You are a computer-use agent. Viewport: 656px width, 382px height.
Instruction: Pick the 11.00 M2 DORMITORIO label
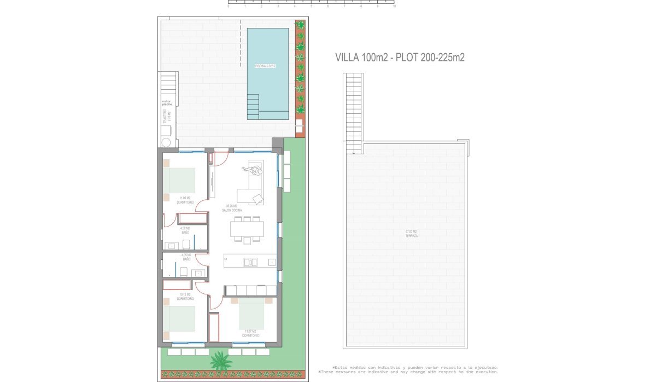click(185, 200)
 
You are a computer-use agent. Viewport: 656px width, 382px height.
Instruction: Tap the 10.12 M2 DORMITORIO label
click(185, 297)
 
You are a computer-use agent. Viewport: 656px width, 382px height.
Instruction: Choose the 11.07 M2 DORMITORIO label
click(251, 333)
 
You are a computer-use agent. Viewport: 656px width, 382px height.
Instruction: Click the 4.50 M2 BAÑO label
click(185, 230)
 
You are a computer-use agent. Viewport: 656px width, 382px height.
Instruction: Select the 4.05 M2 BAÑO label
click(186, 257)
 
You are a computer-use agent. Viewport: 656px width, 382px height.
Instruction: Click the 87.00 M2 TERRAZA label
click(412, 233)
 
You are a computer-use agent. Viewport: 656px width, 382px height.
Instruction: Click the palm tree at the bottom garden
click(220, 361)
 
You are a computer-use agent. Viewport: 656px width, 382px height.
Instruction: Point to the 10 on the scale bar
click(394, 7)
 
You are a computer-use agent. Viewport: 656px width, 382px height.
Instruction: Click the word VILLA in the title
click(347, 57)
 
